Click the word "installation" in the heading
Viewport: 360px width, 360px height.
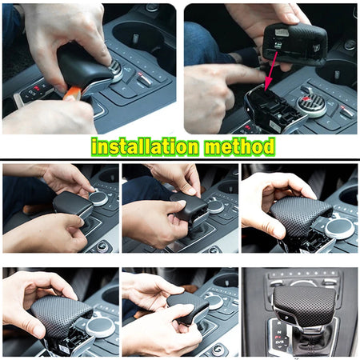click(145, 146)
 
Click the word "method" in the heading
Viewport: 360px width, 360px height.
click(239, 146)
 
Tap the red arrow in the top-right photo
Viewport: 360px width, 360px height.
click(272, 70)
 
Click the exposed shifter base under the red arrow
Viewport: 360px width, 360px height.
click(274, 110)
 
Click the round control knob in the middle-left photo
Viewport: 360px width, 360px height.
click(98, 198)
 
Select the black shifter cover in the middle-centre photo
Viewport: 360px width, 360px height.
click(189, 206)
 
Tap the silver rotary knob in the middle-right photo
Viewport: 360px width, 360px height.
click(340, 228)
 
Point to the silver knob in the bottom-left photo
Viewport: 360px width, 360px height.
click(101, 326)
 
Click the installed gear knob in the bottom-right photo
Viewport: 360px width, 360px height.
click(304, 304)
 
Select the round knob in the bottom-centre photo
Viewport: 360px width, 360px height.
click(215, 302)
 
